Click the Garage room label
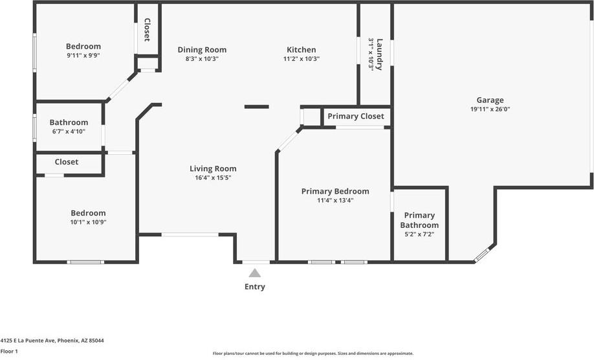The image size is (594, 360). (x=490, y=100)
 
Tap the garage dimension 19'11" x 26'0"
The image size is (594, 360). (x=490, y=110)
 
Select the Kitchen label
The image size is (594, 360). (x=302, y=50)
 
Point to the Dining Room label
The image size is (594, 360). (x=202, y=50)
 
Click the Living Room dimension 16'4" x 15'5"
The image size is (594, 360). (x=210, y=177)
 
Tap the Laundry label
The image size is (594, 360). (x=380, y=54)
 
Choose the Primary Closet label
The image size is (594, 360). (x=355, y=117)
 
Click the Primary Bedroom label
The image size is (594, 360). (x=335, y=191)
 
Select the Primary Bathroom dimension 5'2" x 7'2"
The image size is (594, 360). (x=419, y=234)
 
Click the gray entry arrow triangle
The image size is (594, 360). (x=255, y=273)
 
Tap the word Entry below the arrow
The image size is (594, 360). (x=255, y=287)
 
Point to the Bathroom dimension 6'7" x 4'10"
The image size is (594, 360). (x=68, y=131)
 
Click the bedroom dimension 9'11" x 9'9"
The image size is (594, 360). (x=83, y=56)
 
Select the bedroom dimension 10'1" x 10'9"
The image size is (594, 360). (x=88, y=222)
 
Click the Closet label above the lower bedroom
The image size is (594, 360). (x=67, y=162)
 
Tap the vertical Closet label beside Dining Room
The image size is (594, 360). (x=147, y=30)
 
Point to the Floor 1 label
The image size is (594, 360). (x=9, y=351)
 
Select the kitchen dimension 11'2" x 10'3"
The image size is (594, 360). (x=302, y=59)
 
